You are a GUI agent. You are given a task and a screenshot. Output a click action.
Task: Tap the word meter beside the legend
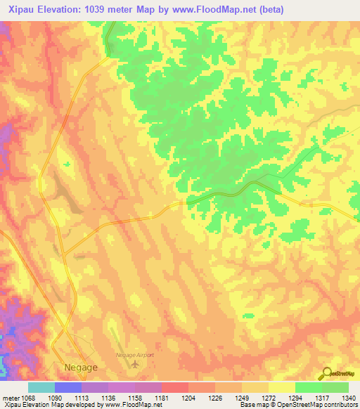tap(11, 398)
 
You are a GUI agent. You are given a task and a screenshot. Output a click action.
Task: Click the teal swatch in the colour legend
tap(41, 387)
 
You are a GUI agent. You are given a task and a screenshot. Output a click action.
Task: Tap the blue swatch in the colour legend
tap(68, 387)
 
